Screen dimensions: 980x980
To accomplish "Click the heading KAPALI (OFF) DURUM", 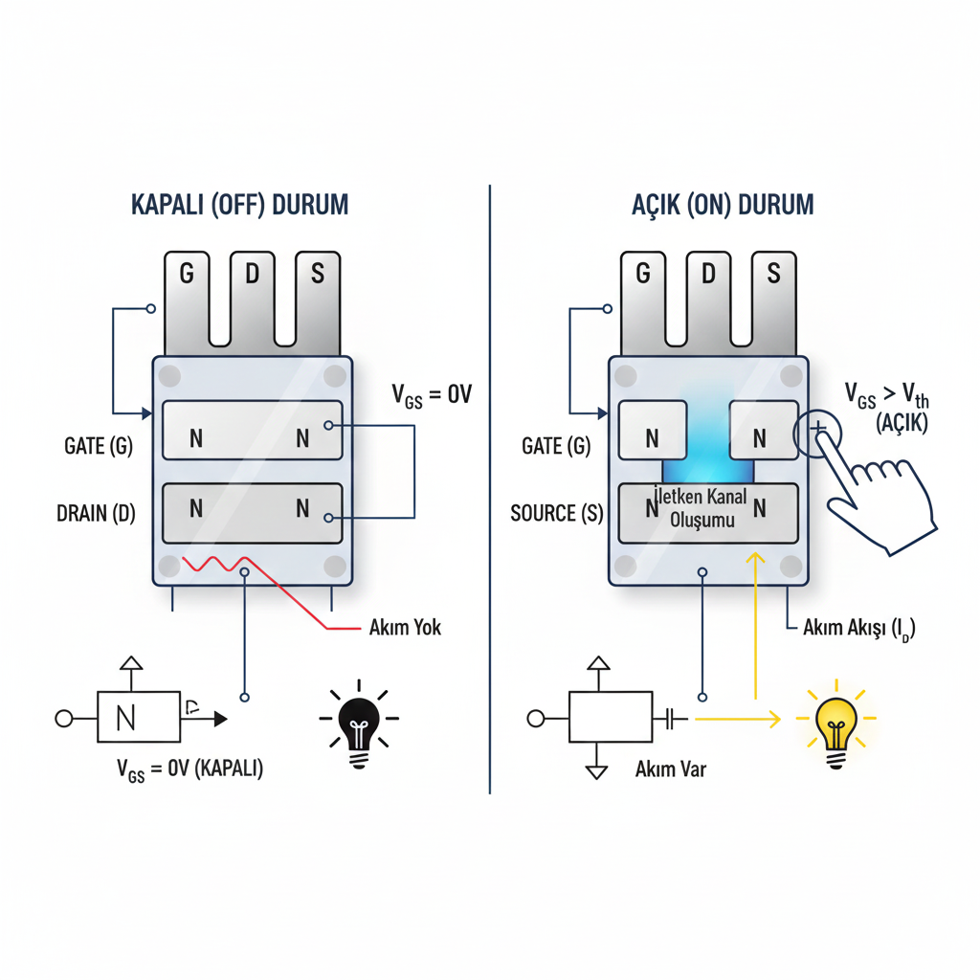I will pos(238,205).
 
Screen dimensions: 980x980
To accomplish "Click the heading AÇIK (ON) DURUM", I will pos(723,205).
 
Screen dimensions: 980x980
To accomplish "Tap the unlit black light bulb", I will pos(360,725).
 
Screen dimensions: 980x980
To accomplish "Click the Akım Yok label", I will pos(405,629).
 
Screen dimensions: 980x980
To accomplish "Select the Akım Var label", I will pos(670,769).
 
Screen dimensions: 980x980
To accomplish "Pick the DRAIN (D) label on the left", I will pos(96,513).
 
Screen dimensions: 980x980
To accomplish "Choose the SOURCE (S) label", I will pos(557,513).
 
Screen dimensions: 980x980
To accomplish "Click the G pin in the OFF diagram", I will pos(187,287).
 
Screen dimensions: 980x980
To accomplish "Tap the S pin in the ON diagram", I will pos(773,287).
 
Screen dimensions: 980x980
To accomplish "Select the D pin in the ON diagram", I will pos(708,287).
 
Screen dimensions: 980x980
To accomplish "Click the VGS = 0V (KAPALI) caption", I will pos(189,769).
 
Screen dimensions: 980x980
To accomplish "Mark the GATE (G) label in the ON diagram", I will pos(556,445).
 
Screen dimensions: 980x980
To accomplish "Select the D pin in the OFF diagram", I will pos(253,287).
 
